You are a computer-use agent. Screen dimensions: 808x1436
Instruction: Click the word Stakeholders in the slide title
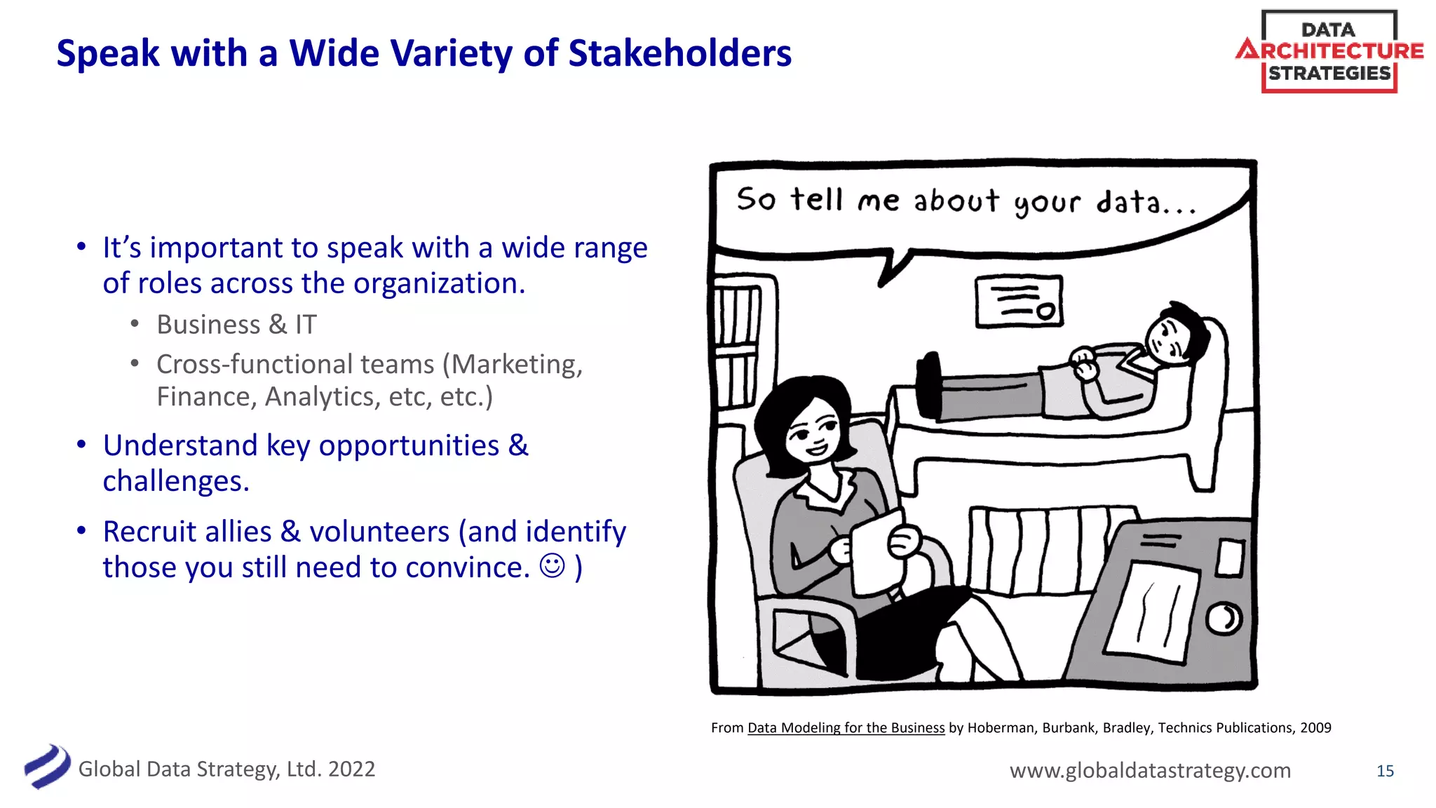pyautogui.click(x=679, y=53)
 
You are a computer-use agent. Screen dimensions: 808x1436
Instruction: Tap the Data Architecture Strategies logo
pyautogui.click(x=1329, y=51)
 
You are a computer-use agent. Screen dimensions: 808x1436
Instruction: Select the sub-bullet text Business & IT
pyautogui.click(x=236, y=325)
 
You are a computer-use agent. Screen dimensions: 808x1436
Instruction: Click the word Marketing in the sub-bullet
pyautogui.click(x=516, y=364)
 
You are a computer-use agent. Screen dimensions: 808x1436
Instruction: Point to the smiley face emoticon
pyautogui.click(x=553, y=565)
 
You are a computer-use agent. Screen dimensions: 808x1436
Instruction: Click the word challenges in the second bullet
pyautogui.click(x=175, y=481)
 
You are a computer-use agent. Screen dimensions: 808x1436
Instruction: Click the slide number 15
pyautogui.click(x=1385, y=771)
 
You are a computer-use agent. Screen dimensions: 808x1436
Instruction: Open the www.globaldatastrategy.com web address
pyautogui.click(x=1150, y=770)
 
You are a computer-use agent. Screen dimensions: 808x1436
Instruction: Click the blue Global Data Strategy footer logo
pyautogui.click(x=47, y=767)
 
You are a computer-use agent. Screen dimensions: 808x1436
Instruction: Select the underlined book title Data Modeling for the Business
pyautogui.click(x=846, y=728)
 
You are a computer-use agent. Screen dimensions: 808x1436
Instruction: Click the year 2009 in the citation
pyautogui.click(x=1315, y=728)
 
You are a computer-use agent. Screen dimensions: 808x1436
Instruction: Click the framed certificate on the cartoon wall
pyautogui.click(x=1019, y=301)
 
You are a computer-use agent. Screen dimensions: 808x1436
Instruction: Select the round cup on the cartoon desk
pyautogui.click(x=1224, y=619)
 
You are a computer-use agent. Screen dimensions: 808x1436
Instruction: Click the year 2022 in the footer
pyautogui.click(x=351, y=769)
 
